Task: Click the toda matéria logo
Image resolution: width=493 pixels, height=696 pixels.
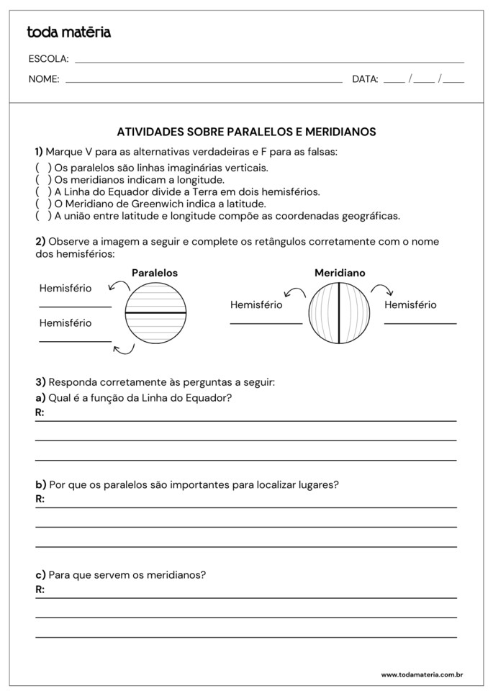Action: point(68,32)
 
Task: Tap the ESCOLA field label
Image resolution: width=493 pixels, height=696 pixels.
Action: point(48,59)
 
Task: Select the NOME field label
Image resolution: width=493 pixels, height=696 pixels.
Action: point(44,80)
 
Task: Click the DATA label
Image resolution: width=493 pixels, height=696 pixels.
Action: point(365,80)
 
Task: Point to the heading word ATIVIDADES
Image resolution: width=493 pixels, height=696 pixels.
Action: point(149,132)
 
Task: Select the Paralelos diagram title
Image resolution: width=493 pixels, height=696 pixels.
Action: point(155,274)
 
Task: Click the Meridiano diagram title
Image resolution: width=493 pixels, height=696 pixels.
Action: point(340,274)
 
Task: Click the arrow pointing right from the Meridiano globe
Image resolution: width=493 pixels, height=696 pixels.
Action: point(382,290)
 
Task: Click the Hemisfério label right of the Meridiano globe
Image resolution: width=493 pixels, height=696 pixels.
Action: point(410,305)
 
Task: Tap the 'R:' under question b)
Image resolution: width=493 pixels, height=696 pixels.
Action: point(40,499)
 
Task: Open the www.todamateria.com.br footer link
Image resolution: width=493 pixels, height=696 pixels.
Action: point(422,675)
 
